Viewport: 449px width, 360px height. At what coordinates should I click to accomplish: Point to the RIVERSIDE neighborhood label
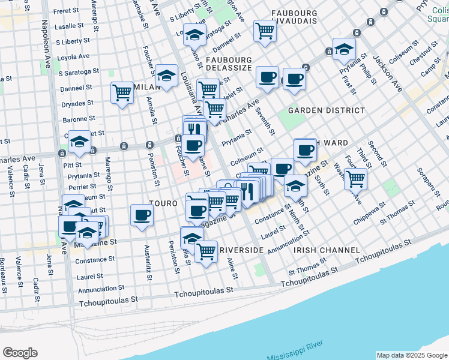pyautogui.click(x=241, y=250)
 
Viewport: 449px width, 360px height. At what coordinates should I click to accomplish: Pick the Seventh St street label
pyautogui.click(x=264, y=121)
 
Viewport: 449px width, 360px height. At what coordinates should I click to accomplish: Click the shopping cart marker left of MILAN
pyautogui.click(x=122, y=93)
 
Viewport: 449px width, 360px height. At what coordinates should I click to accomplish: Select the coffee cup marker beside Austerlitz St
pyautogui.click(x=142, y=215)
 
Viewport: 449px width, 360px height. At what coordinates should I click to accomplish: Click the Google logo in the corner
pyautogui.click(x=20, y=352)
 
